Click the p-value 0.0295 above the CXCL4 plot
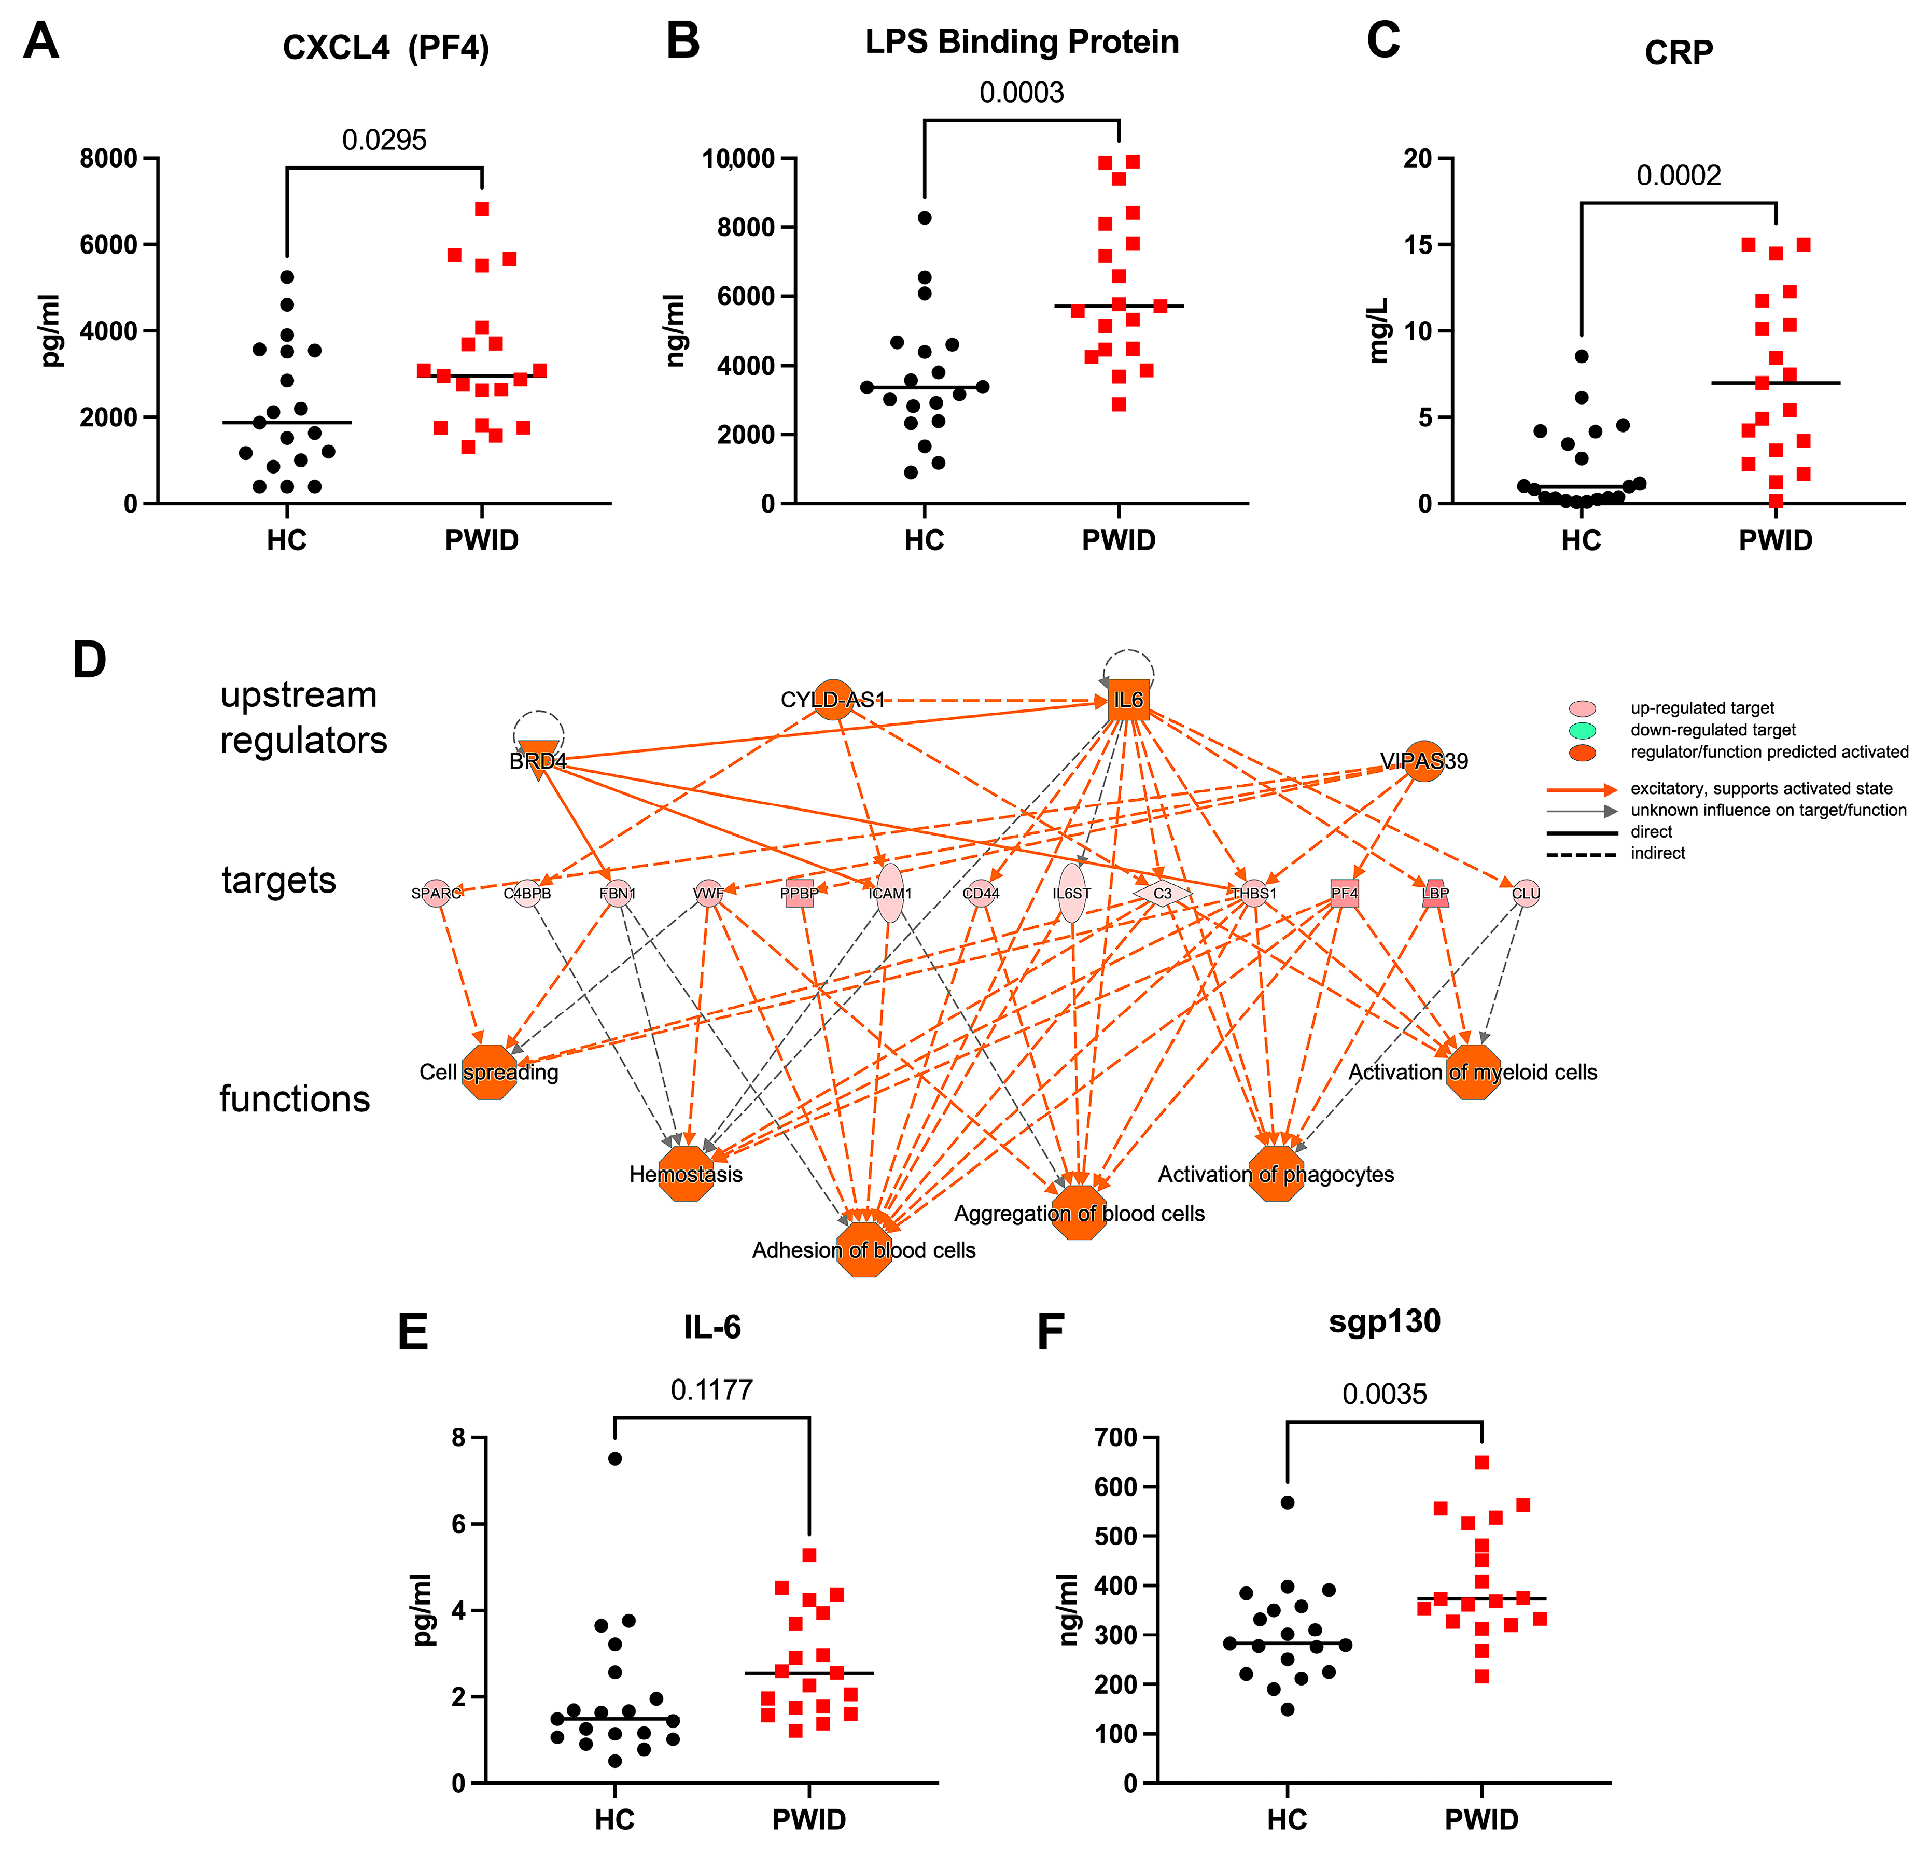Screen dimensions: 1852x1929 [x=384, y=140]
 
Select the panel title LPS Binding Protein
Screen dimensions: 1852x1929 [x=1022, y=43]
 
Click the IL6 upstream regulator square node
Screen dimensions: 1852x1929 [x=1128, y=700]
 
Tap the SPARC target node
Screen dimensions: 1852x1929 [x=436, y=893]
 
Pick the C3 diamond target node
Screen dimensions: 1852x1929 [x=1162, y=893]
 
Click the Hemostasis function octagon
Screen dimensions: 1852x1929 [x=686, y=1174]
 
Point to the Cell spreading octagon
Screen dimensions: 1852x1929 [x=489, y=1072]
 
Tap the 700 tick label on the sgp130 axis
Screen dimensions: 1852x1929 [x=1116, y=1439]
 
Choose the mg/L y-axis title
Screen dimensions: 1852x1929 [x=1380, y=331]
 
